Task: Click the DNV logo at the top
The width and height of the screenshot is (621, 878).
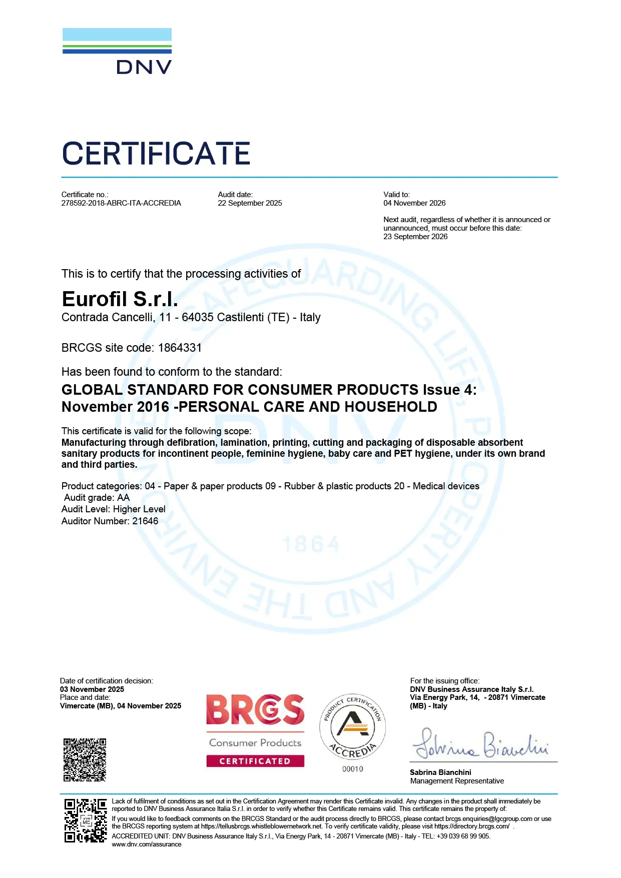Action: tap(117, 52)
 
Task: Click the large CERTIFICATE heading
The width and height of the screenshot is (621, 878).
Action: tap(156, 154)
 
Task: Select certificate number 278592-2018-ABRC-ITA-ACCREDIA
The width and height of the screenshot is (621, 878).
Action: tap(121, 203)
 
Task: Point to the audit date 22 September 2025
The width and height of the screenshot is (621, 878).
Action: tap(250, 203)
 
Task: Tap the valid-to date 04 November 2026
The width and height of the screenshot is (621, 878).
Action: tap(414, 203)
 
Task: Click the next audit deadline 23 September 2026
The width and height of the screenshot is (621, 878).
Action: tap(415, 237)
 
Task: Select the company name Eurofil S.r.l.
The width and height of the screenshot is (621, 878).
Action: tap(120, 299)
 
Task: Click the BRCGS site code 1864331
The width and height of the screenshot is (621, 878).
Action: tap(180, 348)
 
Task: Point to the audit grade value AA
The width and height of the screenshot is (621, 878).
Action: tap(123, 498)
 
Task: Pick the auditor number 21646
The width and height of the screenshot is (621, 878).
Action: tap(145, 521)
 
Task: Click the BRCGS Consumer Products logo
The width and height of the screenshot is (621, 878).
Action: tap(255, 720)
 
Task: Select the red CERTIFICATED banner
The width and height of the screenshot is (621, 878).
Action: tap(255, 761)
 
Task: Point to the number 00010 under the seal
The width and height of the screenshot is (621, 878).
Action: tap(353, 769)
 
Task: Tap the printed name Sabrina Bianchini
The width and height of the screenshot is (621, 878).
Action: tap(440, 772)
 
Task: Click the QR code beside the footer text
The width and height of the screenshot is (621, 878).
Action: tap(85, 820)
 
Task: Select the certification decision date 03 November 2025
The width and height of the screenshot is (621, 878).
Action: tap(92, 689)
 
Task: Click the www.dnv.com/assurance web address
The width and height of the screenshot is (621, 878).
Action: tap(147, 844)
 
